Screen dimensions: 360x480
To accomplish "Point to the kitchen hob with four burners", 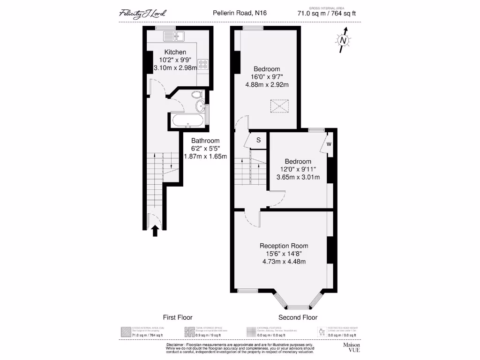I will (203, 65).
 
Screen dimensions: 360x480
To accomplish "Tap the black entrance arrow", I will (155, 231).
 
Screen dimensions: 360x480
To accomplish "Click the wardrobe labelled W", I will (328, 144).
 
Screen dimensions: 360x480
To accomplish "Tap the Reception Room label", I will (284, 246).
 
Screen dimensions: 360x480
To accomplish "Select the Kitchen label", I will (175, 52).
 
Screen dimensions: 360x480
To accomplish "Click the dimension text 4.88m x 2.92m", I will (266, 85).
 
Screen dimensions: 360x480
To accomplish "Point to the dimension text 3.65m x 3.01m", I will (298, 177).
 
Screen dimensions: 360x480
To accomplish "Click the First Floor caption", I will (177, 317).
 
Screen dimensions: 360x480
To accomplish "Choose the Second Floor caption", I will (298, 317).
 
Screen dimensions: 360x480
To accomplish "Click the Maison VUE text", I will (352, 347).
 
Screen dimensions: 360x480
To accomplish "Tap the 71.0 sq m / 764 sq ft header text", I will (326, 14).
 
